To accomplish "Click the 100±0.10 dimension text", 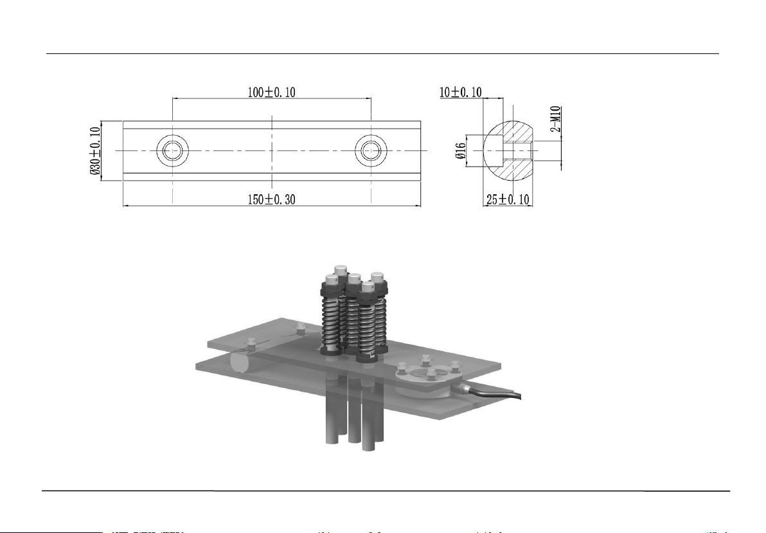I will tap(271, 92).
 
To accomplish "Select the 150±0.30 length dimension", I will tap(271, 200).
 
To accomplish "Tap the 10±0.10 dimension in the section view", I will tap(461, 92).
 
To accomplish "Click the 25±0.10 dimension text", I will tap(507, 200).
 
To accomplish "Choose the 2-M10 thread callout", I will tap(557, 118).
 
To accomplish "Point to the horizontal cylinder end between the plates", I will tap(240, 363).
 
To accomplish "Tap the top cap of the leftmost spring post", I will tap(332, 278).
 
